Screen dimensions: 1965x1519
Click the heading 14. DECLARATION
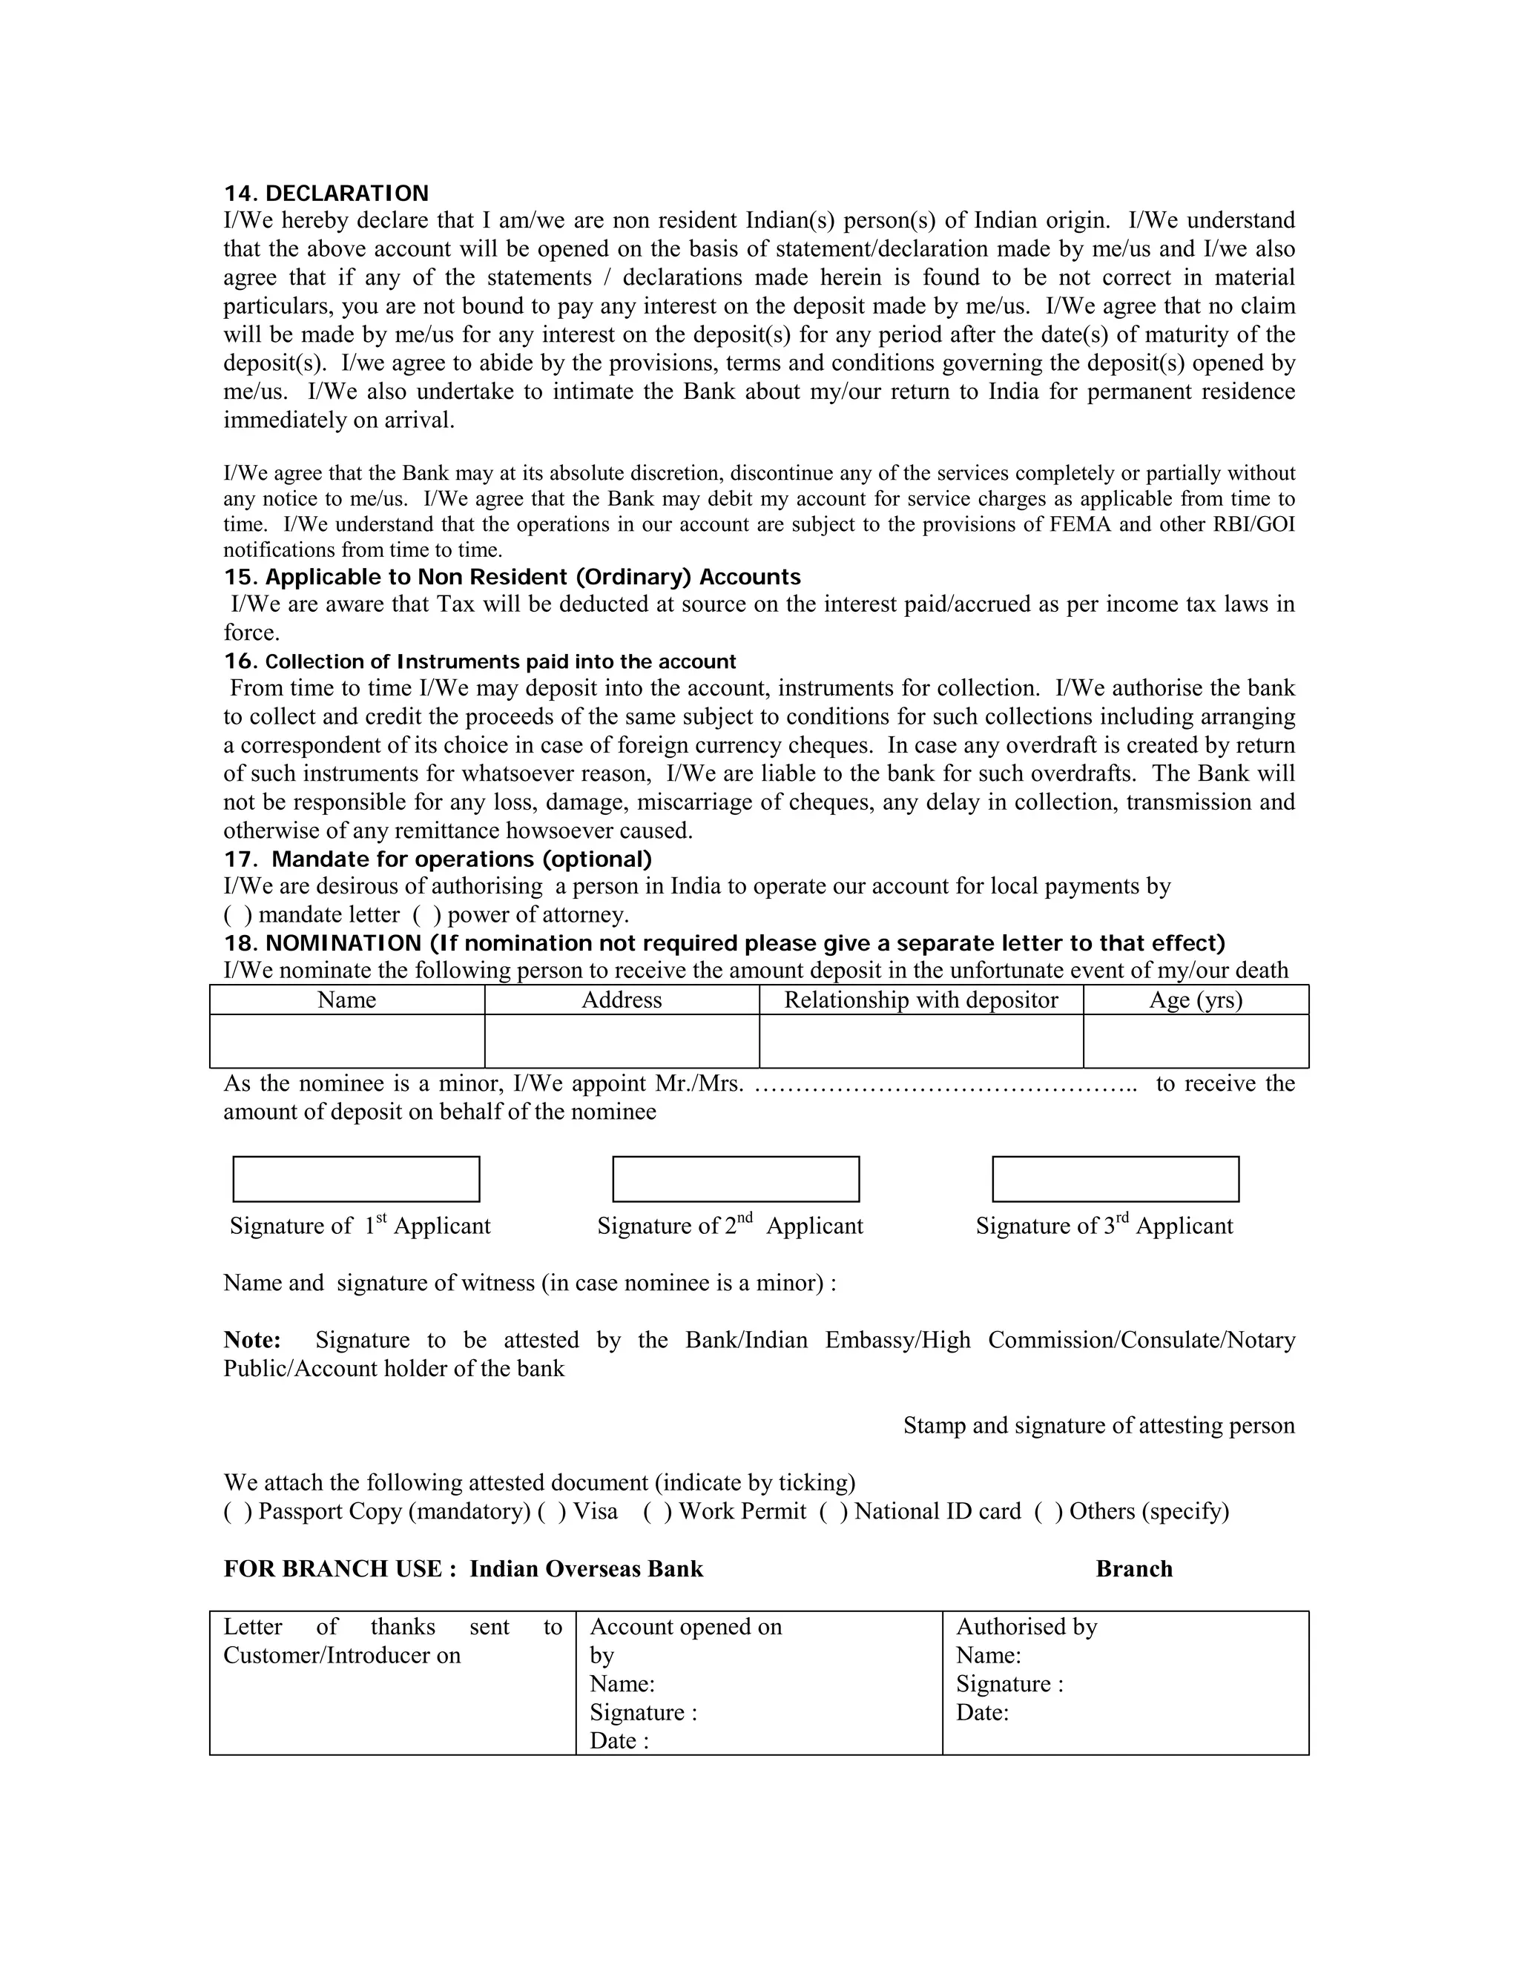(x=326, y=194)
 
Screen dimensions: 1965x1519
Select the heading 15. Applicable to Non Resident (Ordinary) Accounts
(x=512, y=577)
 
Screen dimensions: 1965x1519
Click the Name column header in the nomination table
(x=346, y=1000)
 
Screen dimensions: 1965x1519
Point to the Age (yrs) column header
(x=1195, y=1000)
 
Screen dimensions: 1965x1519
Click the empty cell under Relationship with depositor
(x=920, y=1041)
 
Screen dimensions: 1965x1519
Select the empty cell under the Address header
(x=621, y=1041)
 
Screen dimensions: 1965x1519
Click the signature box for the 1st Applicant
(x=356, y=1179)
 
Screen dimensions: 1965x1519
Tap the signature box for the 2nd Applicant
(x=735, y=1179)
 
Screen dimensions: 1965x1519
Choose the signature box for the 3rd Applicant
(x=1115, y=1179)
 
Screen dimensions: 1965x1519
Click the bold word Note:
(x=252, y=1340)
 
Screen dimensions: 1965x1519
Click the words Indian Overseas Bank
(x=586, y=1569)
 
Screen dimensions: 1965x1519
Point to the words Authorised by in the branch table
(x=1026, y=1627)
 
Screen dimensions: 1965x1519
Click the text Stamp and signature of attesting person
(x=1098, y=1426)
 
